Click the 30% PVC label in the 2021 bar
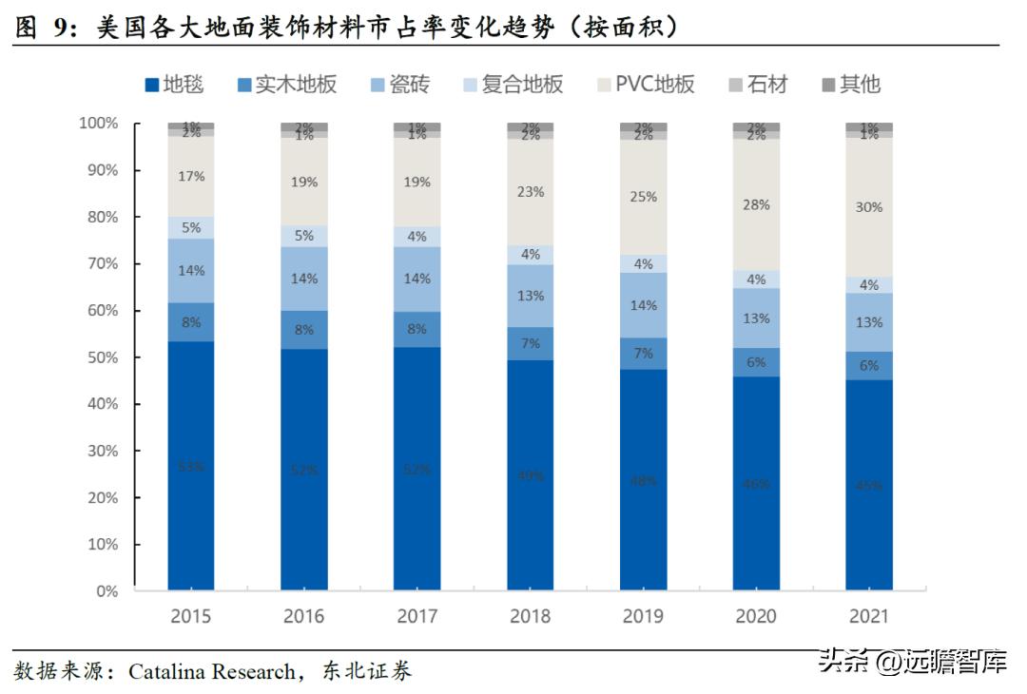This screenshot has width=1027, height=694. (869, 207)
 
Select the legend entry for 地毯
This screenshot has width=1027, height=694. (174, 85)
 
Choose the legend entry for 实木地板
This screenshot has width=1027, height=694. (286, 85)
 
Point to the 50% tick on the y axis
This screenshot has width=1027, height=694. (99, 357)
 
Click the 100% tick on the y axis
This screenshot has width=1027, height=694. (99, 124)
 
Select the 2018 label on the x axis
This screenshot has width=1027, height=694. (530, 616)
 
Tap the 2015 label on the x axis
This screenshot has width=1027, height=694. (191, 616)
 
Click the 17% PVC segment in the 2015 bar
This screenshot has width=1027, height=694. (191, 177)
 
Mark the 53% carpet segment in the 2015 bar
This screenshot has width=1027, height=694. (191, 466)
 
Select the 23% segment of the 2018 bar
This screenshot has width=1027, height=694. (530, 192)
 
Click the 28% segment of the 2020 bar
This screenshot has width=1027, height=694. (756, 203)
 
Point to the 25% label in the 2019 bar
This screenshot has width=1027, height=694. (643, 198)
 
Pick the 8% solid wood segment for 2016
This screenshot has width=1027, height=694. (304, 330)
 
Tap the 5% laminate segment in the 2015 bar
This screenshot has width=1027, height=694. (191, 227)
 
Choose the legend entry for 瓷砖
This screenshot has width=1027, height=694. (399, 85)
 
